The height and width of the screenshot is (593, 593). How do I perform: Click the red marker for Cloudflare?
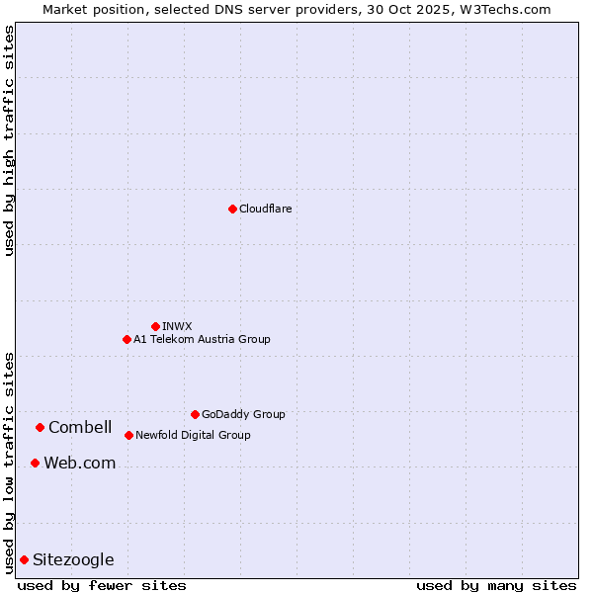(x=232, y=209)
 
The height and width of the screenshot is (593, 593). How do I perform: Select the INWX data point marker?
(x=155, y=326)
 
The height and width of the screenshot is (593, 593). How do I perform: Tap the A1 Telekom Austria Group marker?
(x=127, y=339)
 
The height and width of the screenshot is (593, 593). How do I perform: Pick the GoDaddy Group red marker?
(x=195, y=414)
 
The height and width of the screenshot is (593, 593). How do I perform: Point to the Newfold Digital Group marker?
(x=128, y=435)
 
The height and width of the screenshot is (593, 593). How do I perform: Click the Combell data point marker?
(x=40, y=427)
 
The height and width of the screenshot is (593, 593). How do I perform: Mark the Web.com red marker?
(x=35, y=463)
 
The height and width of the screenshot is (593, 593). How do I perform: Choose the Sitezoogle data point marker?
(x=24, y=559)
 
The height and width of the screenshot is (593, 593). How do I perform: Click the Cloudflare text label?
(x=265, y=209)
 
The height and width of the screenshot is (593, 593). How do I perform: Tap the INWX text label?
(x=177, y=326)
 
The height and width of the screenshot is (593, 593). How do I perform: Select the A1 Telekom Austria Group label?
(x=202, y=339)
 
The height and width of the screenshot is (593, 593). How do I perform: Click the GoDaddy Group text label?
(x=243, y=414)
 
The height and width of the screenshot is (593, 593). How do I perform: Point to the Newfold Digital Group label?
(x=193, y=435)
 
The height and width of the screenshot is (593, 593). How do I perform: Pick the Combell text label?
(x=80, y=427)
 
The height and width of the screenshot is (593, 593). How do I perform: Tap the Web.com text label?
(x=79, y=463)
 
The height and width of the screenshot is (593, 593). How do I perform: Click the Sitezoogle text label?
(x=73, y=559)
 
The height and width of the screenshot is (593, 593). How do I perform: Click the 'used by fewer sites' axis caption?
(x=102, y=585)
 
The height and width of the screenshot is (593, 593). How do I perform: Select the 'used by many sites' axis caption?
(x=496, y=585)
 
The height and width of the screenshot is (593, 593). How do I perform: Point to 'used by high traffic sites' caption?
(x=9, y=140)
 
